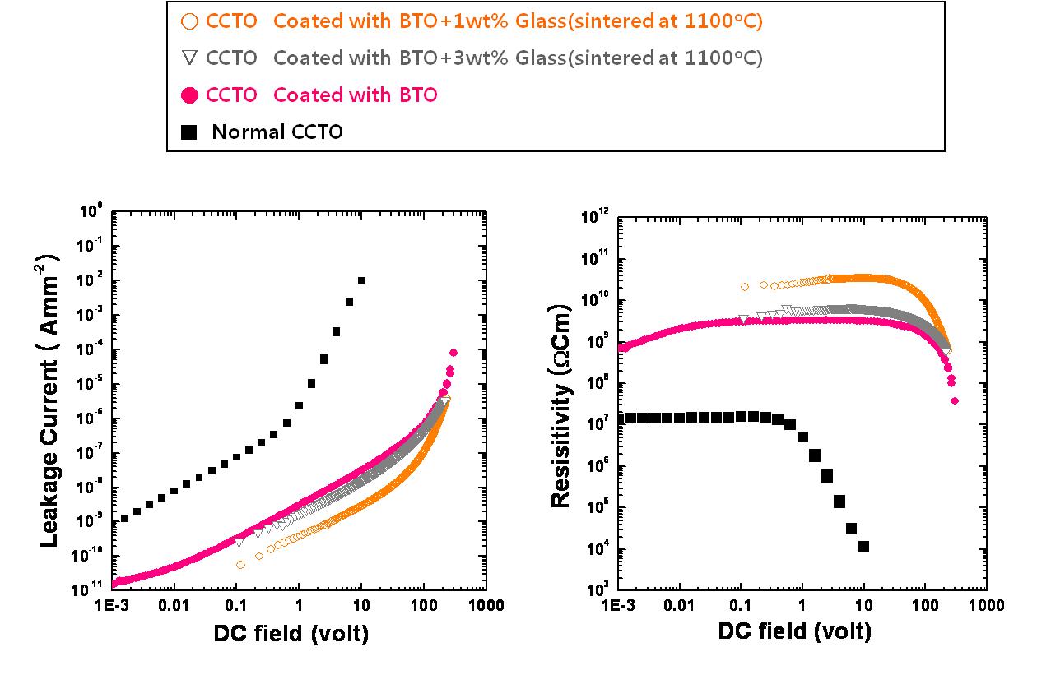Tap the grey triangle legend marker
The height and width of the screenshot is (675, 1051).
[190, 58]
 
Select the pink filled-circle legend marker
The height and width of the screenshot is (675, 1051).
[190, 95]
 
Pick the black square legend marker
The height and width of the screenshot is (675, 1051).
[189, 132]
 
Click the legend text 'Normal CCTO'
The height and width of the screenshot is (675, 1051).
[277, 132]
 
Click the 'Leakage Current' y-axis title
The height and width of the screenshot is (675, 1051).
[49, 400]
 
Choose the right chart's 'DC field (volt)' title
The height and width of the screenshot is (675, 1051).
[794, 631]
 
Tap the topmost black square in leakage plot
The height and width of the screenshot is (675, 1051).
[361, 280]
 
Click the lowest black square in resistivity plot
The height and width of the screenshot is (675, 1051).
[863, 546]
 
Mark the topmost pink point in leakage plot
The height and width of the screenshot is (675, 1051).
[453, 353]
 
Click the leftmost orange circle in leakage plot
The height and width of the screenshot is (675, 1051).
[240, 565]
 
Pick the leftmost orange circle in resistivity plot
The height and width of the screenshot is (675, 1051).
[745, 287]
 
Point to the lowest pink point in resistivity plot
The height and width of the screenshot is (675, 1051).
[955, 401]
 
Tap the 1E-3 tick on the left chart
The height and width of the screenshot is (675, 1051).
[111, 607]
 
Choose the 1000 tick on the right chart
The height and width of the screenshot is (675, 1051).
[986, 606]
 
